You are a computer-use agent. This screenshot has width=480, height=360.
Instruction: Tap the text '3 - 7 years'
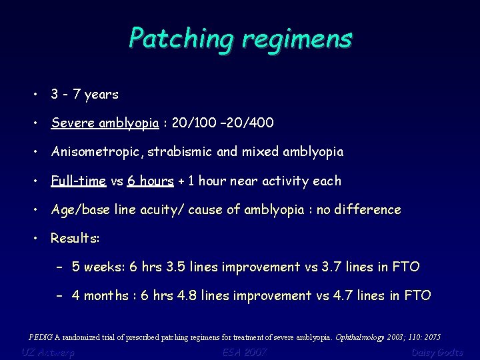point(85,95)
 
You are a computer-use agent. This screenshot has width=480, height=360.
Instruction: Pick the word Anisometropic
point(97,152)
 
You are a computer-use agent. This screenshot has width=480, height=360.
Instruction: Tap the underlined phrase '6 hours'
point(151,181)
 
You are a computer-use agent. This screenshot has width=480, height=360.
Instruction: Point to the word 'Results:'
point(75,238)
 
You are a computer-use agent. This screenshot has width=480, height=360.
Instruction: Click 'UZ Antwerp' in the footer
point(47,352)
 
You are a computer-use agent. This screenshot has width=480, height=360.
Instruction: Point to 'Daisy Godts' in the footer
point(437,352)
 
